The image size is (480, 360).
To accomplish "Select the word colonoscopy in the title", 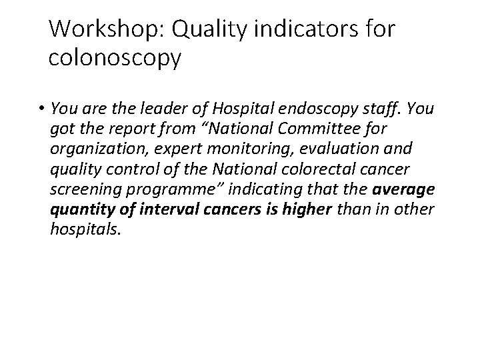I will pos(115,59).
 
